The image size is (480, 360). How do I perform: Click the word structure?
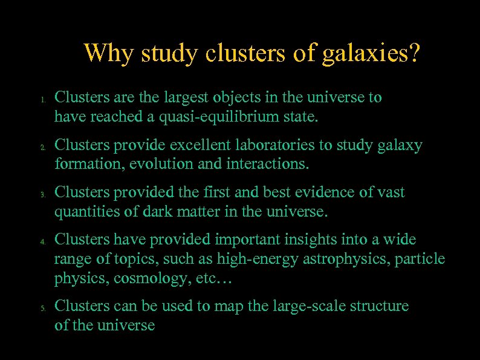click(378, 307)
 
